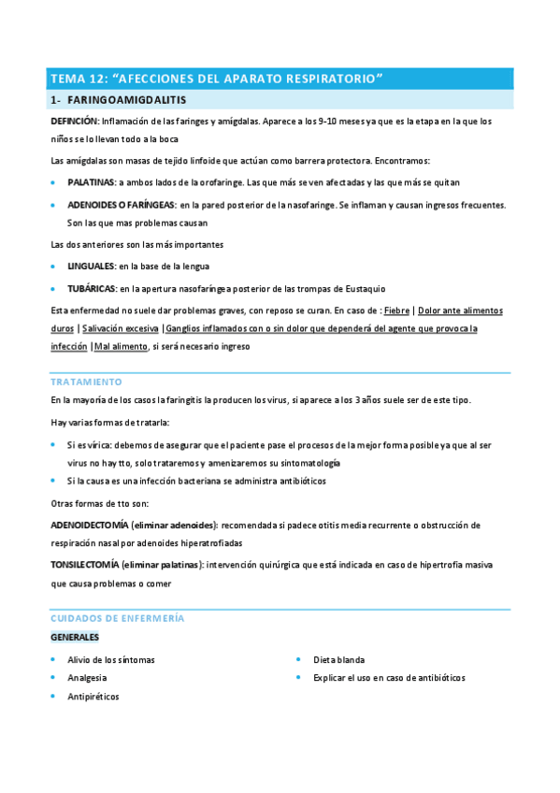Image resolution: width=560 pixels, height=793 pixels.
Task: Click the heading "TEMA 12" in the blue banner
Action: click(x=79, y=79)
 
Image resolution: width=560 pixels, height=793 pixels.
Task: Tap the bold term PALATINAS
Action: click(x=91, y=182)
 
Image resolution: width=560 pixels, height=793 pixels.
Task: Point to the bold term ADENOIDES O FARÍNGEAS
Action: click(x=121, y=204)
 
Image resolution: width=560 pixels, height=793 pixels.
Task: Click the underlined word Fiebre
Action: click(x=396, y=310)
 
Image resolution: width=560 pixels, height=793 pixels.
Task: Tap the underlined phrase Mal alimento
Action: click(x=121, y=347)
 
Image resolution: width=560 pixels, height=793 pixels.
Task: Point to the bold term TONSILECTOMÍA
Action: click(x=87, y=566)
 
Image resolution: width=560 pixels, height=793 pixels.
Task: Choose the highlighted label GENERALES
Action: click(x=75, y=638)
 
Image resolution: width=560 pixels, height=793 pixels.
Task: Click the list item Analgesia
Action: click(x=87, y=678)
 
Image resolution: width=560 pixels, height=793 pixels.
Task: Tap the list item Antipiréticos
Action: click(x=93, y=697)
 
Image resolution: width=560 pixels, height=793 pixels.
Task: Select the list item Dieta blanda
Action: click(x=338, y=659)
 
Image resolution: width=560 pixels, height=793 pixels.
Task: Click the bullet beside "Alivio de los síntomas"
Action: click(x=54, y=659)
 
